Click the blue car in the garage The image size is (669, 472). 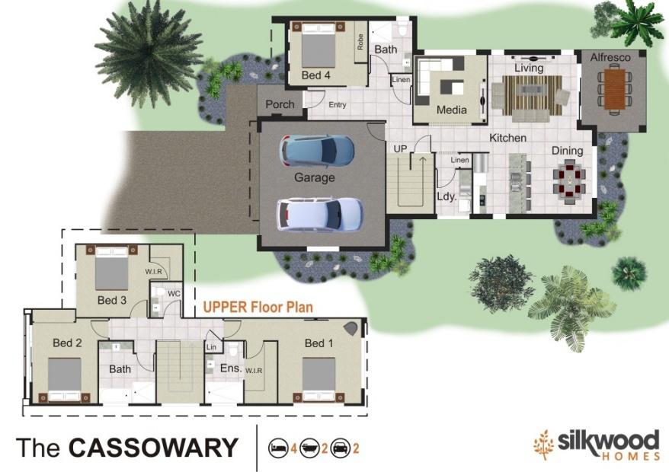pyautogui.click(x=316, y=151)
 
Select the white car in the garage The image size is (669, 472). pyautogui.click(x=319, y=214)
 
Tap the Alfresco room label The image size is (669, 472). pyautogui.click(x=610, y=57)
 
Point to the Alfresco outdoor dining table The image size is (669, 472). pyautogui.click(x=614, y=90)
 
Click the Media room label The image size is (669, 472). pyautogui.click(x=451, y=110)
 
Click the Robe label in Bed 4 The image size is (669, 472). pyautogui.click(x=360, y=42)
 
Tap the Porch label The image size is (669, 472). pyautogui.click(x=280, y=104)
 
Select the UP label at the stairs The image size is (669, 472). pyautogui.click(x=400, y=148)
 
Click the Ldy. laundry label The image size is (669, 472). pyautogui.click(x=447, y=197)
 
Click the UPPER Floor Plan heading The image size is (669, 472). pyautogui.click(x=258, y=307)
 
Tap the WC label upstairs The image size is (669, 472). pyautogui.click(x=174, y=294)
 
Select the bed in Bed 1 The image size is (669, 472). pyautogui.click(x=318, y=379)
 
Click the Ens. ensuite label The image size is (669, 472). pyautogui.click(x=231, y=368)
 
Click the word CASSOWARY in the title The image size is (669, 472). pyautogui.click(x=153, y=448)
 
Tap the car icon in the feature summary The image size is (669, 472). pyautogui.click(x=341, y=448)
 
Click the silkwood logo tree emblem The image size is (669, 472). pyautogui.click(x=543, y=445)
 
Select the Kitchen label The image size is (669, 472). pyautogui.click(x=507, y=138)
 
